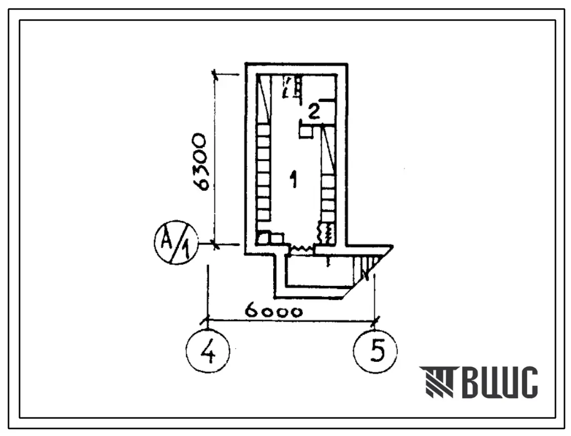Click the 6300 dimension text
pos(200,162)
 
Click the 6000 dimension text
pos(274,312)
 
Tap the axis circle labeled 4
pos(208,351)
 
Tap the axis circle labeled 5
pos(375,351)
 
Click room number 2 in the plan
pos(313,111)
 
